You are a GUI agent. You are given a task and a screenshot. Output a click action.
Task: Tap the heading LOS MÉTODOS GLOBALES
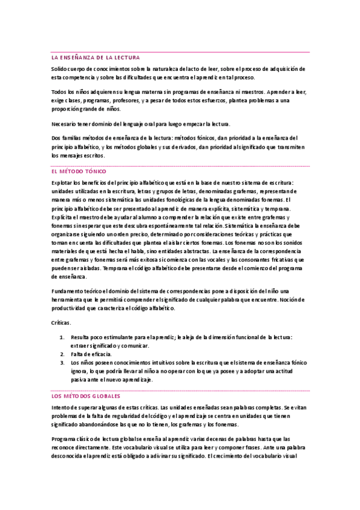85,397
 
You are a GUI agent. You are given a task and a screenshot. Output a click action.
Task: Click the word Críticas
61,323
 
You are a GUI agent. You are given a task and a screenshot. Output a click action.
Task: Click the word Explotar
62,182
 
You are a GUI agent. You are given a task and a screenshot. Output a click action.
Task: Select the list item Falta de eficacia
88,355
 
